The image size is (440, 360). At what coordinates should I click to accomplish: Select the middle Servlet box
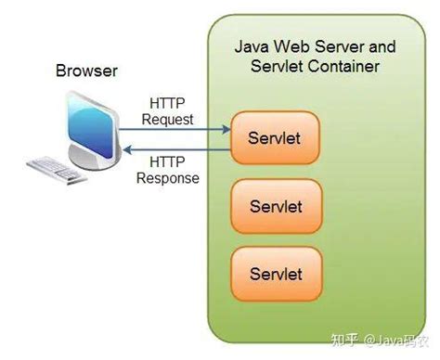click(275, 206)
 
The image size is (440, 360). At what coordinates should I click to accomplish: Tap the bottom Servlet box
click(275, 273)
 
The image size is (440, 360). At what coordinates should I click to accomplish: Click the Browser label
click(86, 71)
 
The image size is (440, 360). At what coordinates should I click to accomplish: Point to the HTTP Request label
click(167, 111)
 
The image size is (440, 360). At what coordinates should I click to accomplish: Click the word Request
click(167, 119)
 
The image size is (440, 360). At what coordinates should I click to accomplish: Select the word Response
click(168, 178)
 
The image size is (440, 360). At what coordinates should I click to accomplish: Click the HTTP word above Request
click(167, 104)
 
